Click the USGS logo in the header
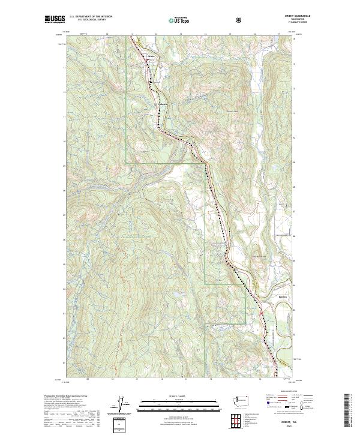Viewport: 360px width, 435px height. coord(55,20)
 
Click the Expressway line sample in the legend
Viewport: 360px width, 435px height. coord(271,398)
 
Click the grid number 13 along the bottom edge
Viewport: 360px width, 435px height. coord(187,380)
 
